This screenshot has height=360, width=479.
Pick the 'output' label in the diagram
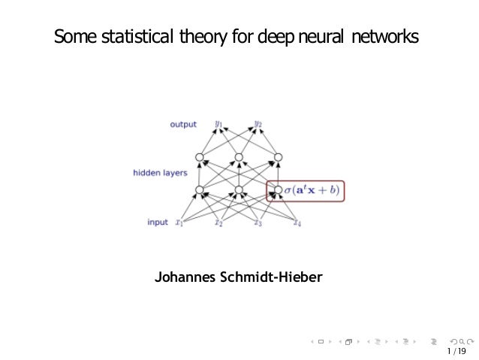pos(182,125)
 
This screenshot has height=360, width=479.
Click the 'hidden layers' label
pos(160,173)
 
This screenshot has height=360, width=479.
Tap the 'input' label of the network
pos(158,222)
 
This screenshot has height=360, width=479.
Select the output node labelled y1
pos(218,124)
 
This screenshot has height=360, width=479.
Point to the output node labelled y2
pos(258,124)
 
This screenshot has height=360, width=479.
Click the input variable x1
pos(179,222)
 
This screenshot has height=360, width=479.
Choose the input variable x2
pos(218,222)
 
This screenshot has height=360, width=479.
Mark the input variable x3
pos(258,222)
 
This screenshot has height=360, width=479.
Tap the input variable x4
pos(297,222)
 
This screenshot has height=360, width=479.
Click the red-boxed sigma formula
pos(310,190)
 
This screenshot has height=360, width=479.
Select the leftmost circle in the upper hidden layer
pos(200,158)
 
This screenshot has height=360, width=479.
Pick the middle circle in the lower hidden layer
pos(239,190)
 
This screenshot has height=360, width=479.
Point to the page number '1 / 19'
pos(455,350)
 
